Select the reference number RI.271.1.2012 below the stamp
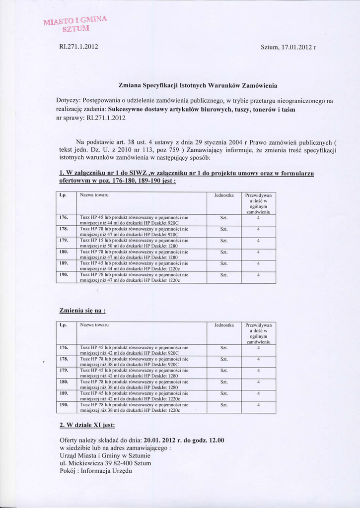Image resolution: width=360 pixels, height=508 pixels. pos(78,47)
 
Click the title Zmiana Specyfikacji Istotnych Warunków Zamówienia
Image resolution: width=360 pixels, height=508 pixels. pos(198,85)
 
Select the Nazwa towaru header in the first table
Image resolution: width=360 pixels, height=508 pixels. pos(94,195)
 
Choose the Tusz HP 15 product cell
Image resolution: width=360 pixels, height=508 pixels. pos(134,243)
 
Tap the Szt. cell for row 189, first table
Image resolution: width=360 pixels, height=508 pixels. pos(224,263)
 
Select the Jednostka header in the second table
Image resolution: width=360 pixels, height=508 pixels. pos(224,325)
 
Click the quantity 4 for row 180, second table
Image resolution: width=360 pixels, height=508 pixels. pos(258,381)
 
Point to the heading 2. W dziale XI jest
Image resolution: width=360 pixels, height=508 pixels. pos(87,425)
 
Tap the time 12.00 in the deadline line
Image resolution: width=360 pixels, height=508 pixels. pos(216,440)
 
